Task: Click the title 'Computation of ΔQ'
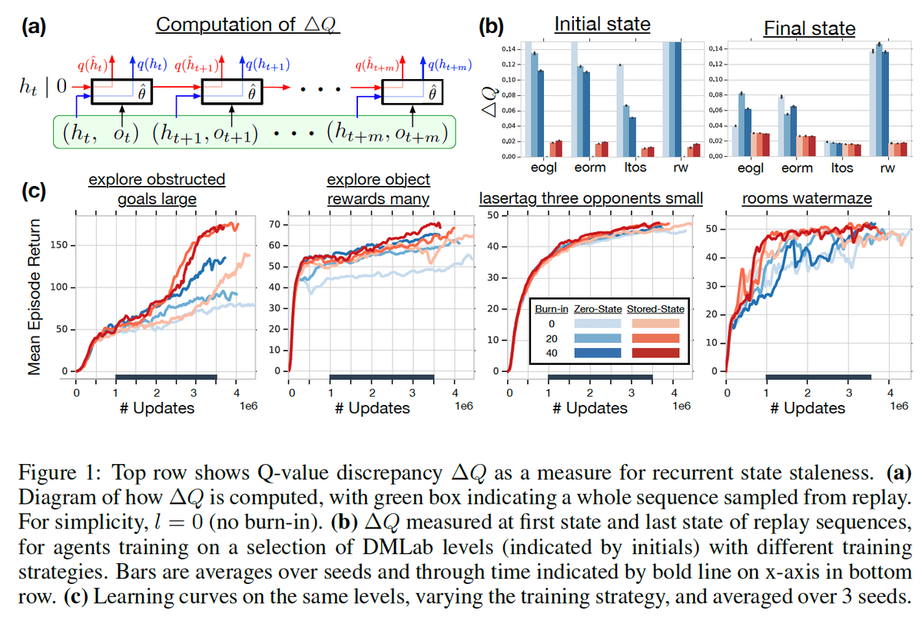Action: click(247, 24)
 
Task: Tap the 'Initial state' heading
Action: click(602, 24)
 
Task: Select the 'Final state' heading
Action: click(808, 29)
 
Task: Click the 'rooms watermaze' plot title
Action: click(807, 198)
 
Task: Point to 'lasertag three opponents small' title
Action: click(591, 198)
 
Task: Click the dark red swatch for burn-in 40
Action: click(655, 353)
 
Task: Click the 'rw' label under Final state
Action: click(887, 167)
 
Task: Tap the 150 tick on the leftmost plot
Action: click(60, 245)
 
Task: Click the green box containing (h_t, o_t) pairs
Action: click(254, 132)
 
